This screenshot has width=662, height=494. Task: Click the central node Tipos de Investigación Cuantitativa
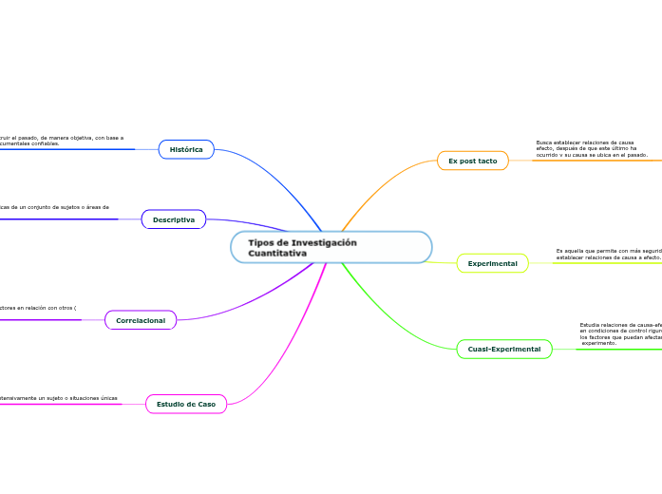coord(331,247)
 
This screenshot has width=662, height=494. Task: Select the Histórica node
coord(186,149)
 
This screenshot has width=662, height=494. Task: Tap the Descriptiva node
coord(174,219)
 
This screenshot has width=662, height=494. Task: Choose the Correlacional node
coord(141,320)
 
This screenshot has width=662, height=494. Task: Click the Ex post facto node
coord(472,161)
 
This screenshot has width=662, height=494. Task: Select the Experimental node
coord(492,262)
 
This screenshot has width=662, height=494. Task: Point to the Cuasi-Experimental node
coord(503,349)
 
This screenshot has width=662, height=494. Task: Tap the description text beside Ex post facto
coord(591,148)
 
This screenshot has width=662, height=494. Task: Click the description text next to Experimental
coord(608,254)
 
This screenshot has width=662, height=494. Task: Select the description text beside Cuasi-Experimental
coord(619,333)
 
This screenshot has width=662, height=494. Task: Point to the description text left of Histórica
coord(62,141)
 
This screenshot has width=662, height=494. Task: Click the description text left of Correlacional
coord(38,308)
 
